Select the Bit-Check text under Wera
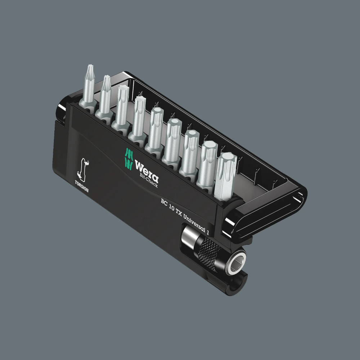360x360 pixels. point(148,181)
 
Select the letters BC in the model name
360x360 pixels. point(165,202)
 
